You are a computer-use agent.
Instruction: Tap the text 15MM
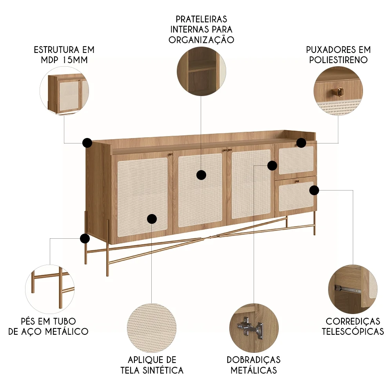[x=76, y=60]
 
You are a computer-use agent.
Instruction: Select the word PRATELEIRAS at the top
[x=201, y=19]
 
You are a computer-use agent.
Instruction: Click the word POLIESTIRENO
[x=338, y=60]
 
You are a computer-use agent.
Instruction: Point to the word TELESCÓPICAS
[x=353, y=332]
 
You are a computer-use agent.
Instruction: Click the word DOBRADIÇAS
[x=254, y=360]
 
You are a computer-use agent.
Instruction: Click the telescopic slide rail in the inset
[x=348, y=290]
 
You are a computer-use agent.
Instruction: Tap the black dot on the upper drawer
[x=301, y=143]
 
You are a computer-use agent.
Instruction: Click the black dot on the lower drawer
[x=314, y=191]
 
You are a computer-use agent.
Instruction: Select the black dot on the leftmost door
[x=152, y=219]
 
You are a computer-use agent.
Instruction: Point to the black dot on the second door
[x=201, y=175]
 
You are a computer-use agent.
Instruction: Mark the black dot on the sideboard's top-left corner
[x=87, y=143]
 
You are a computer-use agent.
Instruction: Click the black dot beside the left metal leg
[x=84, y=238]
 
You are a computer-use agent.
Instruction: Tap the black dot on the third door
[x=272, y=165]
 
